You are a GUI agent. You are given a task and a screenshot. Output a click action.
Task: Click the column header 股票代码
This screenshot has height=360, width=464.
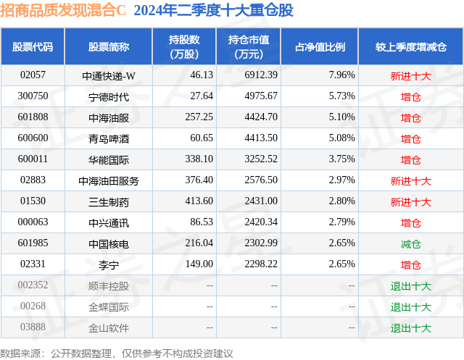33,47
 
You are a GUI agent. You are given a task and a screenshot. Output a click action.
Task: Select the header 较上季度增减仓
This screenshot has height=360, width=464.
410,47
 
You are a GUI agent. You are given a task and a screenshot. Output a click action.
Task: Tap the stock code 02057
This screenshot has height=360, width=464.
33,75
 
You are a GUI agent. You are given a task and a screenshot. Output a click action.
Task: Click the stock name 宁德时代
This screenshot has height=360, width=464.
109,96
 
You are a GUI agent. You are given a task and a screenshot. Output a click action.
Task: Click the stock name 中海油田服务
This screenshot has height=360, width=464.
109,180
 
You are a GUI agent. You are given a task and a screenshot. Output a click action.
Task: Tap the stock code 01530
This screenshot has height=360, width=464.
33,201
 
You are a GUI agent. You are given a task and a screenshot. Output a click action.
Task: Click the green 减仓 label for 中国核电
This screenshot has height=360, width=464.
410,244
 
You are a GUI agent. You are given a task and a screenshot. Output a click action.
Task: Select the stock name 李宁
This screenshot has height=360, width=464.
109,265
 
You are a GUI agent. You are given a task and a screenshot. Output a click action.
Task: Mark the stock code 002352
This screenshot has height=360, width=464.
33,286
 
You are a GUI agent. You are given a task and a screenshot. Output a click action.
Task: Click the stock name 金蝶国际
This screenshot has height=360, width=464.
109,307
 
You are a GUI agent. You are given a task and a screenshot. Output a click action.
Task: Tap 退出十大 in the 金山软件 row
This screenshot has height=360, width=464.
410,328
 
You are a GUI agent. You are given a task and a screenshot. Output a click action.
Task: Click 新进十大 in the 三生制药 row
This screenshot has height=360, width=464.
410,201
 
